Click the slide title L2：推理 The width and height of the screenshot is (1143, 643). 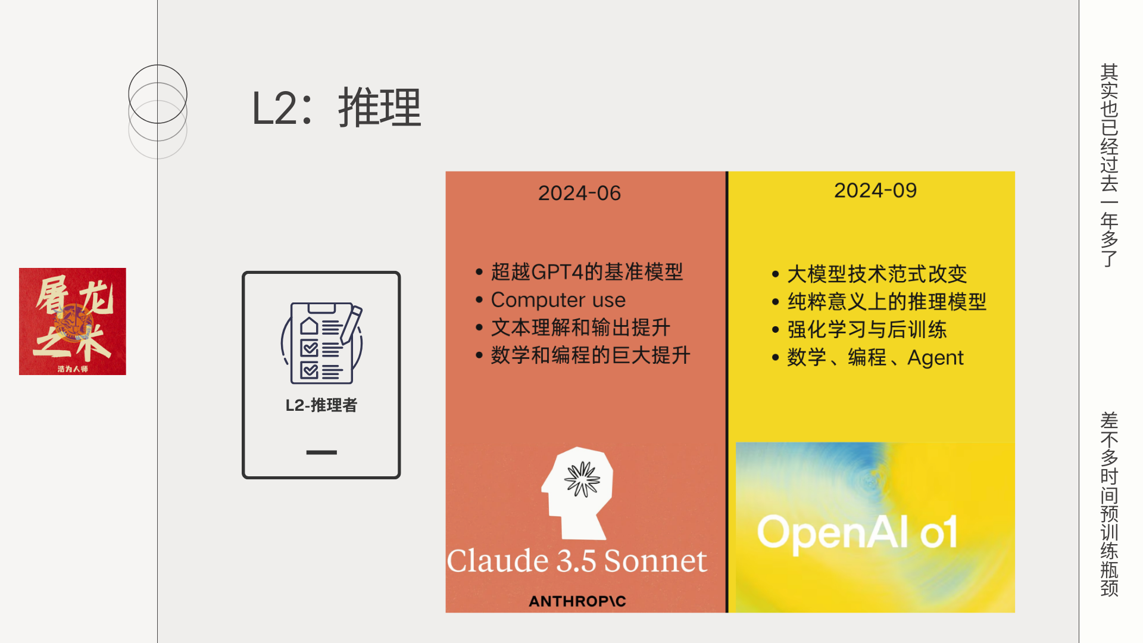tap(336, 108)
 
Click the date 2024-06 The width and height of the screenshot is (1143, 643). tap(579, 193)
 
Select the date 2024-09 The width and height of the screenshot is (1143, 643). tap(875, 191)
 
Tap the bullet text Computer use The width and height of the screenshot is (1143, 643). tap(558, 299)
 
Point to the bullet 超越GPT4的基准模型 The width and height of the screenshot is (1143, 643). tap(587, 272)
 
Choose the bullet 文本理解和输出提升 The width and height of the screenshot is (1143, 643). tap(580, 327)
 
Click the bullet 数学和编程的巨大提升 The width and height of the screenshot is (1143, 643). tap(591, 355)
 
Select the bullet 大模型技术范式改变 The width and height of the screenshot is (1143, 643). tap(877, 274)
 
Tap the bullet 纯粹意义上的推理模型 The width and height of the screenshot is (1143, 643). tap(887, 302)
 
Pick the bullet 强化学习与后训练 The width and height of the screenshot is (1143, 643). tap(867, 329)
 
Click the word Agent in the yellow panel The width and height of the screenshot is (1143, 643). tap(935, 358)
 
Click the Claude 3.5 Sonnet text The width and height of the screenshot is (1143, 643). tap(577, 561)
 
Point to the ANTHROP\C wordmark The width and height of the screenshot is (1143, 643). tap(577, 601)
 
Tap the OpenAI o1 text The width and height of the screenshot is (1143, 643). tap(857, 533)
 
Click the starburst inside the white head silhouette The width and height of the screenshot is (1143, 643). tap(583, 479)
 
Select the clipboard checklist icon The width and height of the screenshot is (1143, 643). tap(321, 343)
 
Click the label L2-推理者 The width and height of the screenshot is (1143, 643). tap(321, 405)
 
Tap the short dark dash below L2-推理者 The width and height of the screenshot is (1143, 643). tap(321, 452)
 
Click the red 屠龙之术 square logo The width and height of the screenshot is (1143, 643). tap(73, 321)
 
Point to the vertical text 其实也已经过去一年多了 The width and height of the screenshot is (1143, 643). tap(1109, 166)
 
